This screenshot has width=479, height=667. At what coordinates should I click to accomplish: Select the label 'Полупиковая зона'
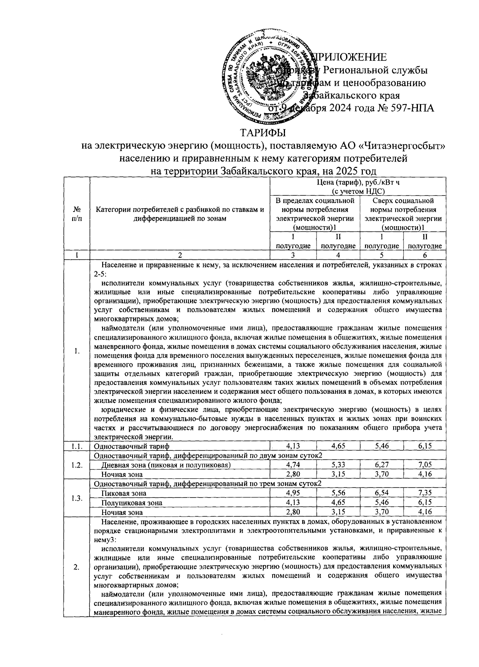pos(132,503)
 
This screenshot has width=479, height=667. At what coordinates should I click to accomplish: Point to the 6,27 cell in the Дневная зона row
pos(382,465)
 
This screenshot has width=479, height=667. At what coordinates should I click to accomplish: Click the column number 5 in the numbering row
pos(381,255)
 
